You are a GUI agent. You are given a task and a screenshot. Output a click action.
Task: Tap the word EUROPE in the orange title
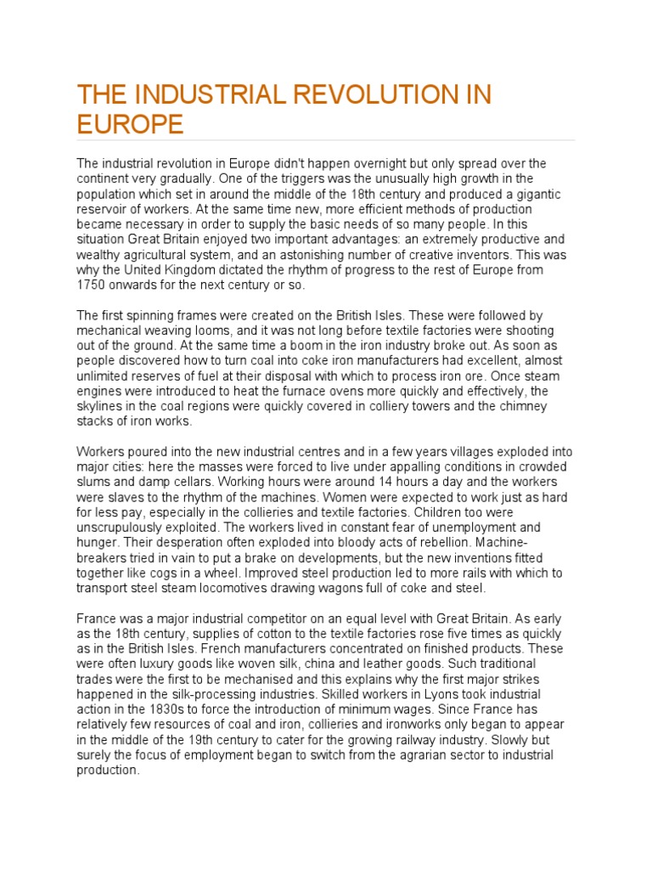130,124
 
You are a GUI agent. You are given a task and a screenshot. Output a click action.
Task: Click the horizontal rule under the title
326,140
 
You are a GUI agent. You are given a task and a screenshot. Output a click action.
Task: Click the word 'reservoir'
105,209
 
